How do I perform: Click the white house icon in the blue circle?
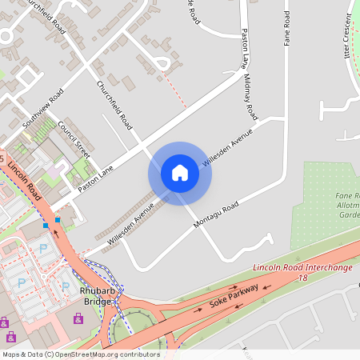coord(180,173)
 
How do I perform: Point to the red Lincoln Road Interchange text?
coord(302,267)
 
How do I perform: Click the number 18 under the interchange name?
coord(302,277)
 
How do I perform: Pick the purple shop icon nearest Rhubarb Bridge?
coord(78,318)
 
